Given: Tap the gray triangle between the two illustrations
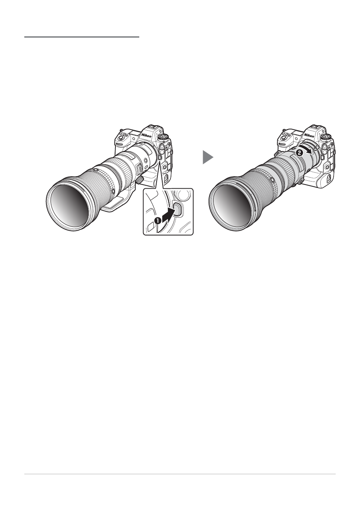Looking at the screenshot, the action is (208, 157).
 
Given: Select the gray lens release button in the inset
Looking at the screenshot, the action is (177, 208).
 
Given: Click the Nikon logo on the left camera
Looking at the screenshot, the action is (146, 136).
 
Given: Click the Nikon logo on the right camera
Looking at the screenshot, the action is (309, 136).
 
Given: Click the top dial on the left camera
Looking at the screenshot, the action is (163, 137).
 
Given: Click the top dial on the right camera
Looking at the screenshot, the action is (326, 137).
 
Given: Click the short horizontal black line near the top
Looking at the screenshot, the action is (82, 37).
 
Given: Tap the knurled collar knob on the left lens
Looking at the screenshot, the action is (140, 180).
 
